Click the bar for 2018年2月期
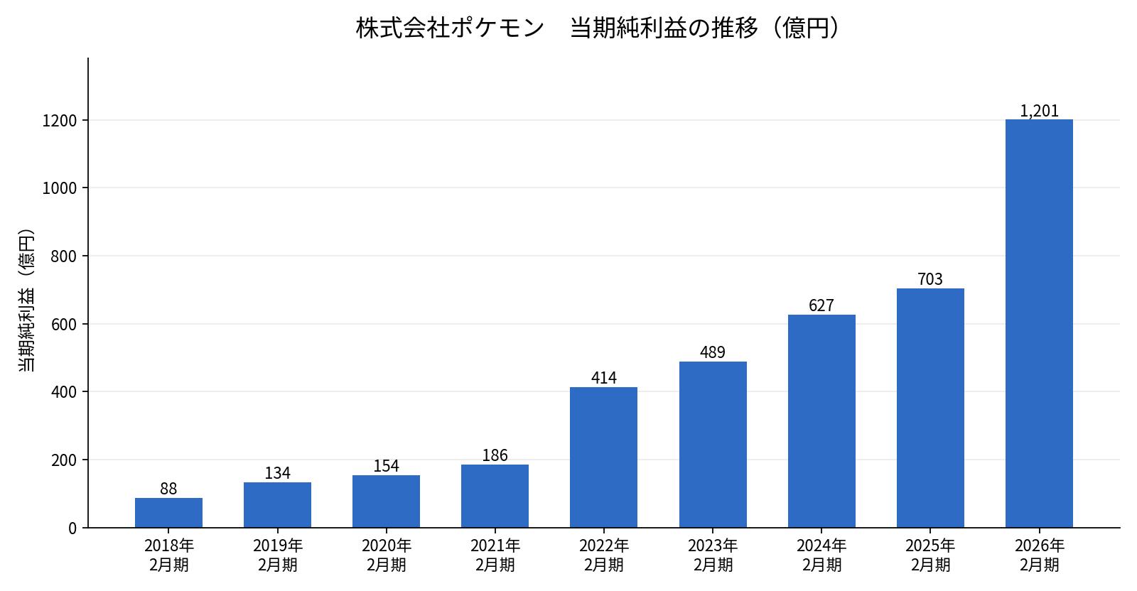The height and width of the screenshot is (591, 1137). coord(168,513)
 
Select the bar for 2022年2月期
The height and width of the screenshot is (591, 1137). coord(603,457)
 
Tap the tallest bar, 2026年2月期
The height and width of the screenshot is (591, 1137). coord(1039,324)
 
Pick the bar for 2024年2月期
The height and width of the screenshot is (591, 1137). coord(821,421)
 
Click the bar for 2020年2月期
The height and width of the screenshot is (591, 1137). coord(387,501)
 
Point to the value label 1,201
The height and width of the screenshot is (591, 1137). coord(1039,111)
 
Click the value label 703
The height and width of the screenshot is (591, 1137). coord(930,279)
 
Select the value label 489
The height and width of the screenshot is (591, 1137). coord(713,352)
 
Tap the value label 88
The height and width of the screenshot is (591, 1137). coord(168,489)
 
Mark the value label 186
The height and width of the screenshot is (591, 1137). coord(495,455)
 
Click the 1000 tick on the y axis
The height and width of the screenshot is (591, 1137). coord(60,188)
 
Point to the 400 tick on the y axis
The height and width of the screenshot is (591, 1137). coord(64,392)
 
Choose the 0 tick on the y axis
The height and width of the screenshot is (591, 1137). coord(72,528)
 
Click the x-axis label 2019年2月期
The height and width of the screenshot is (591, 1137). coord(278,555)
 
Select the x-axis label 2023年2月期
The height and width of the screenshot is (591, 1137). coord(713,555)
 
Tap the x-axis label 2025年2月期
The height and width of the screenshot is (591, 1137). coord(930,555)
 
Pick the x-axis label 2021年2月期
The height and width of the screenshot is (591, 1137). coord(495,555)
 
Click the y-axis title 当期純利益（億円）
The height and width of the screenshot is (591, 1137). coord(26,300)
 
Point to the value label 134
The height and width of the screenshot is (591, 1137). coord(278,473)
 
